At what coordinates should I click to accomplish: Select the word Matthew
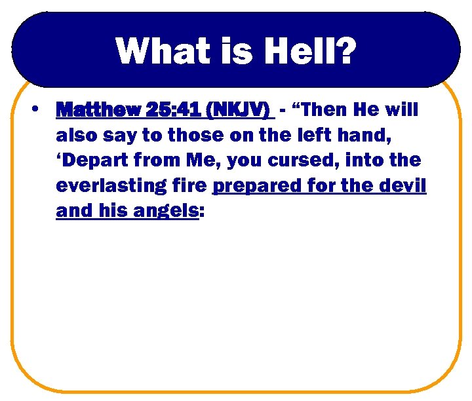click(x=96, y=109)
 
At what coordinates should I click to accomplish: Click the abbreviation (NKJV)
click(x=238, y=109)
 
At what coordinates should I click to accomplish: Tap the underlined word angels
click(x=163, y=212)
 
